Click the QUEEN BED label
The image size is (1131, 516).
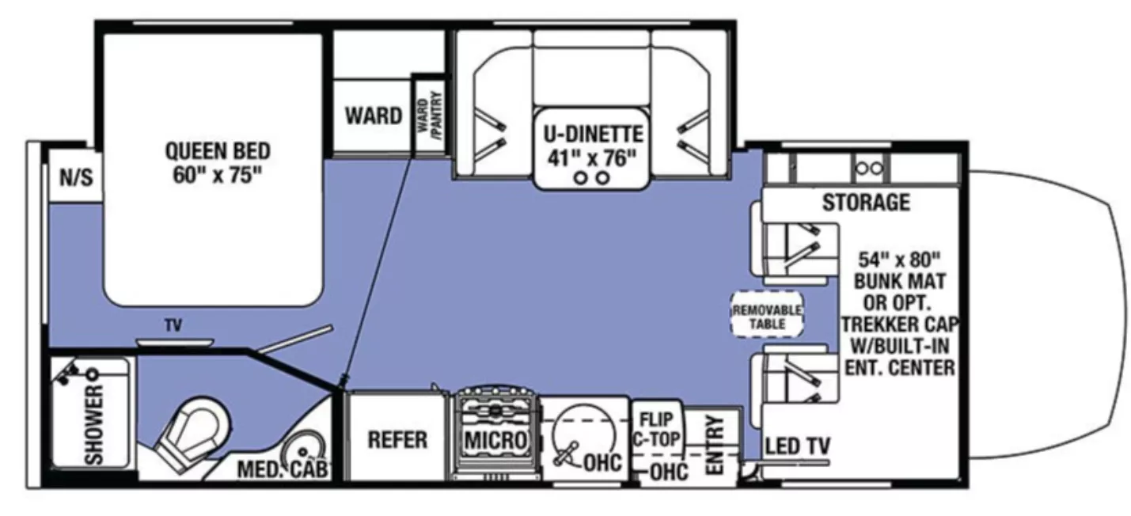click(x=218, y=150)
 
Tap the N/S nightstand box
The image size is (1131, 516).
click(x=76, y=177)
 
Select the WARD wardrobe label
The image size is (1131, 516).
click(x=373, y=116)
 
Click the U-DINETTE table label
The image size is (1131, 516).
click(x=592, y=135)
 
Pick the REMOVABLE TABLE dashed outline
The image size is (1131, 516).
click(x=766, y=316)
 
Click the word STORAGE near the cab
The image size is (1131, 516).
click(x=865, y=203)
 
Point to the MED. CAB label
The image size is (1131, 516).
click(x=283, y=470)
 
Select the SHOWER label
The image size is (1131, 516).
click(x=94, y=423)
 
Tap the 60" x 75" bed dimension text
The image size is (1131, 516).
click(x=218, y=175)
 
